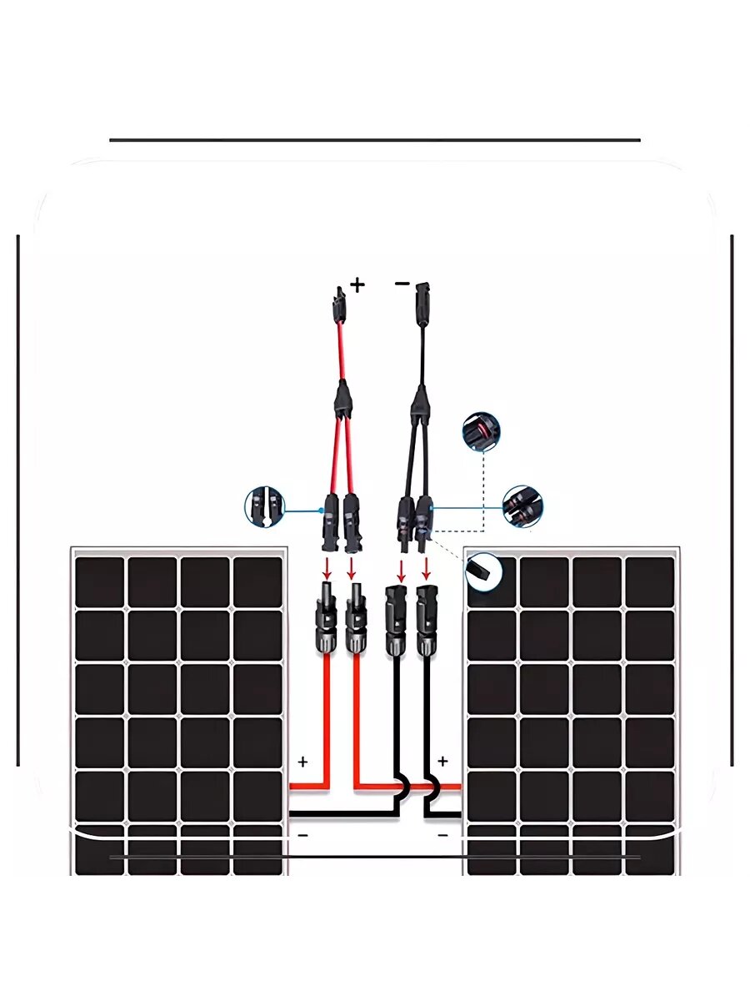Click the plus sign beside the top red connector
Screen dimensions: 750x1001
pyautogui.click(x=357, y=285)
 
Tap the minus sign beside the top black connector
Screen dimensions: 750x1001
pyautogui.click(x=402, y=284)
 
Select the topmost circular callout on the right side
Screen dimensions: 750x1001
pyautogui.click(x=482, y=430)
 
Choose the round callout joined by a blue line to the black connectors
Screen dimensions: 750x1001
pyautogui.click(x=523, y=506)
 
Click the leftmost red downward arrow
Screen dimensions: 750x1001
pyautogui.click(x=327, y=569)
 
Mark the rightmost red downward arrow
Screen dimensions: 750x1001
pyautogui.click(x=427, y=569)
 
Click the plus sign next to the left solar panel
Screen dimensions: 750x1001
pyautogui.click(x=302, y=762)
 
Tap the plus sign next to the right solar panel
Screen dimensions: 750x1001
pyautogui.click(x=442, y=761)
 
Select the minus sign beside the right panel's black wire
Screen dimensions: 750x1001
pyautogui.click(x=442, y=834)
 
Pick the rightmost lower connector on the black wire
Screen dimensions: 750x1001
pyautogui.click(x=427, y=621)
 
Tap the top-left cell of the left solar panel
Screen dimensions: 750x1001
pyautogui.click(x=99, y=581)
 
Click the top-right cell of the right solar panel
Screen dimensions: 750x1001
pyautogui.click(x=649, y=581)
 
